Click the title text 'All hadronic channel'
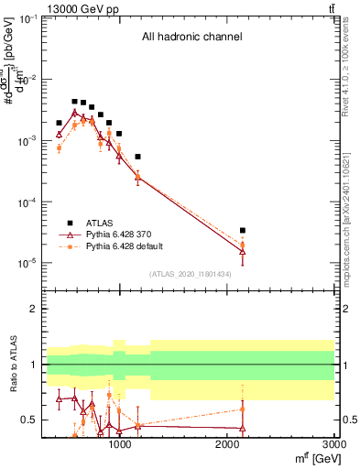point(191,38)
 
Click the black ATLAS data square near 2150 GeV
point(242,231)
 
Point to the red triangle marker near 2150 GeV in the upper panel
point(242,251)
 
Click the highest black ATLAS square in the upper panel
point(74,102)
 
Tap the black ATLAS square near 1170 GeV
point(137,157)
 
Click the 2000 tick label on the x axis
point(227,445)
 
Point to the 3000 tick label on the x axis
point(333,445)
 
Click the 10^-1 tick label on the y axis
point(25,19)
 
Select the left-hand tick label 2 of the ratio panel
point(33,310)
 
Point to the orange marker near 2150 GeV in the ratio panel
point(242,409)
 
